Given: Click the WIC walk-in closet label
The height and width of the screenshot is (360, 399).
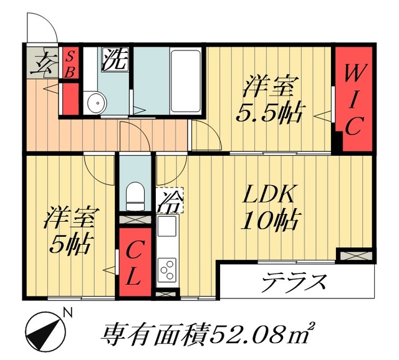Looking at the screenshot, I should [x=352, y=102].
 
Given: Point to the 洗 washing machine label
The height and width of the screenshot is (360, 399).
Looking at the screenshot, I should [x=115, y=60].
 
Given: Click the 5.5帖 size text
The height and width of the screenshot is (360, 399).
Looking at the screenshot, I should [x=269, y=113].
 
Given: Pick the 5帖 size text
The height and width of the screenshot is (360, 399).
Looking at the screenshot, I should [x=70, y=242].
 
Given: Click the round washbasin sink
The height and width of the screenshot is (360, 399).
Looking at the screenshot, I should [x=95, y=104].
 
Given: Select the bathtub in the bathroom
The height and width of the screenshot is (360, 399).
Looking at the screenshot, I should [x=186, y=81].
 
